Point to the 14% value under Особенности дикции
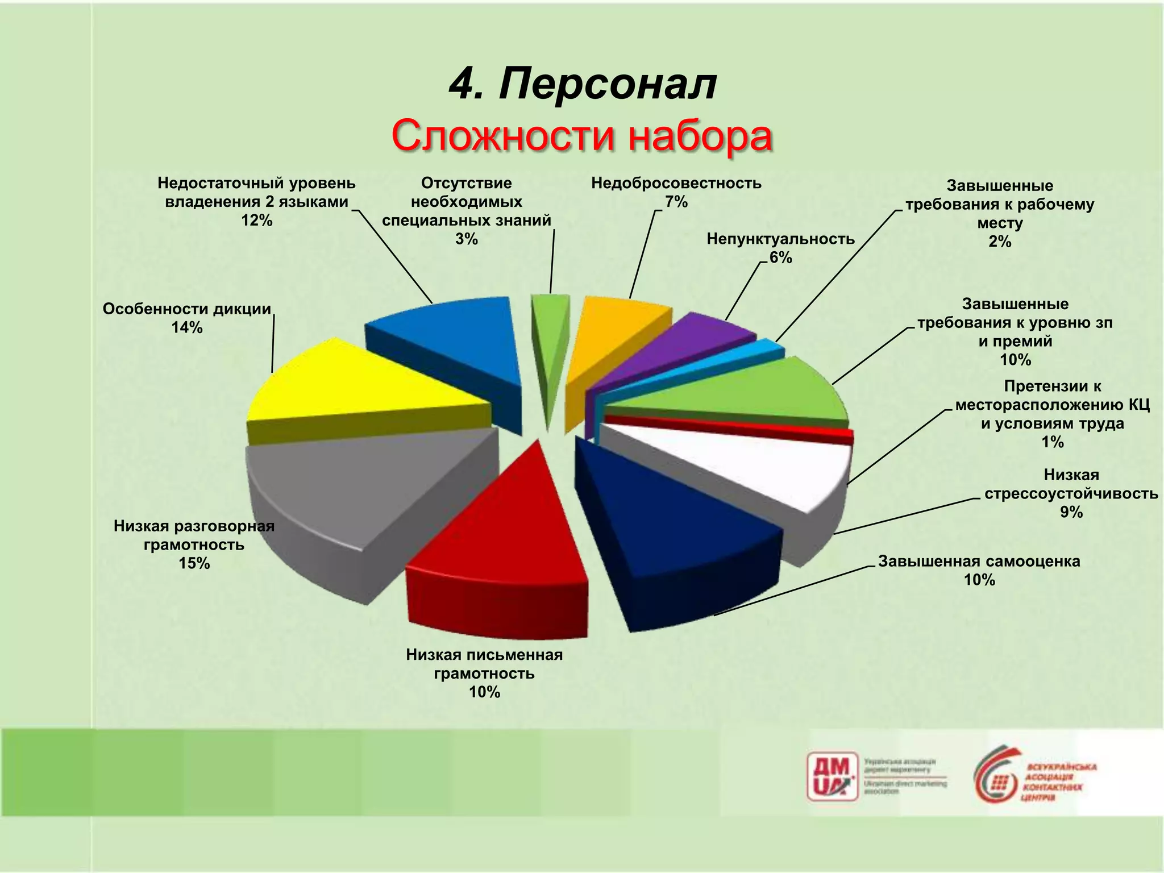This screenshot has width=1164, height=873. tap(187, 327)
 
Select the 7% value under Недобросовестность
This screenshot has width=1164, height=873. tap(676, 202)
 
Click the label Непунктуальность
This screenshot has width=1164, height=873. tap(780, 239)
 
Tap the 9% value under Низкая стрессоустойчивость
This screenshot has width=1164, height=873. tap(1071, 512)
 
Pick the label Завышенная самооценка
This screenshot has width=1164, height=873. tap(979, 561)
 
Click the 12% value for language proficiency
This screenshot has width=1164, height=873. tap(257, 221)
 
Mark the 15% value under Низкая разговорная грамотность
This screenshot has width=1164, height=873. tap(194, 563)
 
